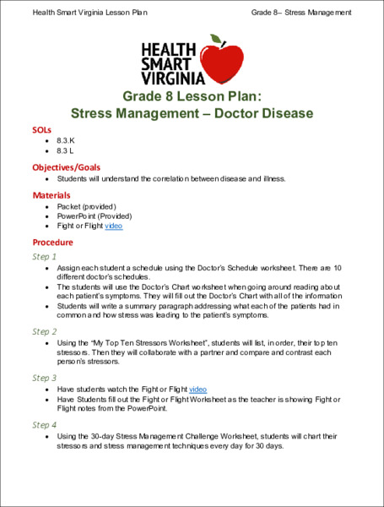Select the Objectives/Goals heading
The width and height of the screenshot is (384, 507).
(66, 167)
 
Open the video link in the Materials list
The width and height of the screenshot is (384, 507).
(114, 226)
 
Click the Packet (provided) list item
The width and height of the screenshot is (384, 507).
(86, 206)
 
